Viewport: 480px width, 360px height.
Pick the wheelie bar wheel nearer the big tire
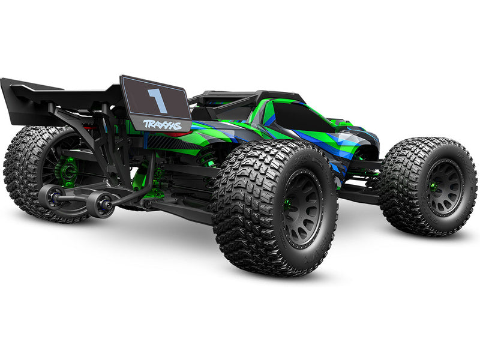pyautogui.click(x=100, y=205)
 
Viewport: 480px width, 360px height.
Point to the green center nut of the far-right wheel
pyautogui.click(x=433, y=187)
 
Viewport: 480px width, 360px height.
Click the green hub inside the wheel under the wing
pyautogui.click(x=67, y=172)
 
